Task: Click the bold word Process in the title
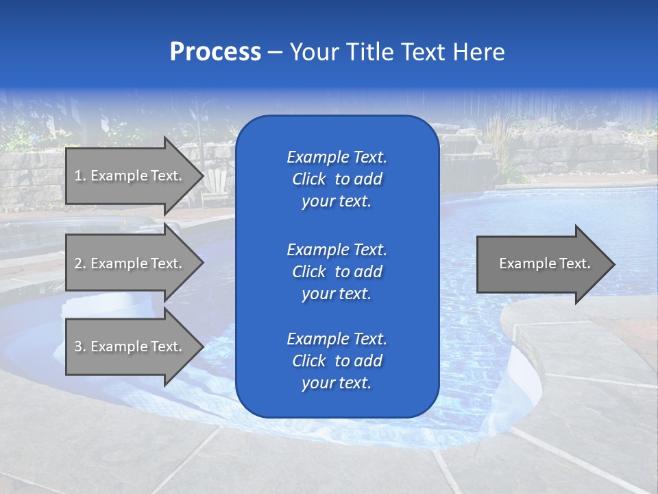coord(215,51)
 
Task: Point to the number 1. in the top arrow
coord(80,176)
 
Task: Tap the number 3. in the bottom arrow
coord(80,346)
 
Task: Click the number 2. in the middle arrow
coord(80,263)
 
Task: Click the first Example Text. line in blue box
coord(337,157)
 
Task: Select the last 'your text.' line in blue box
coord(337,383)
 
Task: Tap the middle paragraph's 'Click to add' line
coord(337,272)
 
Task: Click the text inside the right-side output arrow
coord(544,263)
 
